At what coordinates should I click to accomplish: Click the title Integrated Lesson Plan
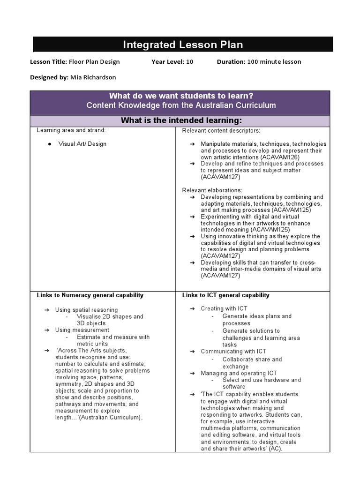(183, 45)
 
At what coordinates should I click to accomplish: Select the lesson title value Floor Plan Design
(94, 62)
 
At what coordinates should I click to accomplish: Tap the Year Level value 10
(189, 62)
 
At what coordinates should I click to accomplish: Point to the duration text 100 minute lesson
(274, 62)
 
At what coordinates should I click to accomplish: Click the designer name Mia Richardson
(93, 77)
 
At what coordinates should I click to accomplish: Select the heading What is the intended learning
(181, 120)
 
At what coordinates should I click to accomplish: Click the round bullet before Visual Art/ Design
(49, 144)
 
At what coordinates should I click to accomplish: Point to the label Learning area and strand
(71, 130)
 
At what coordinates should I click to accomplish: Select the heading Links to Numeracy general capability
(90, 295)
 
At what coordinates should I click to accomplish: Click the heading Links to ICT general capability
(225, 295)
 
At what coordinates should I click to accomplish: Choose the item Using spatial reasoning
(86, 310)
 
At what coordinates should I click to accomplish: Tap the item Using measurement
(82, 330)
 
